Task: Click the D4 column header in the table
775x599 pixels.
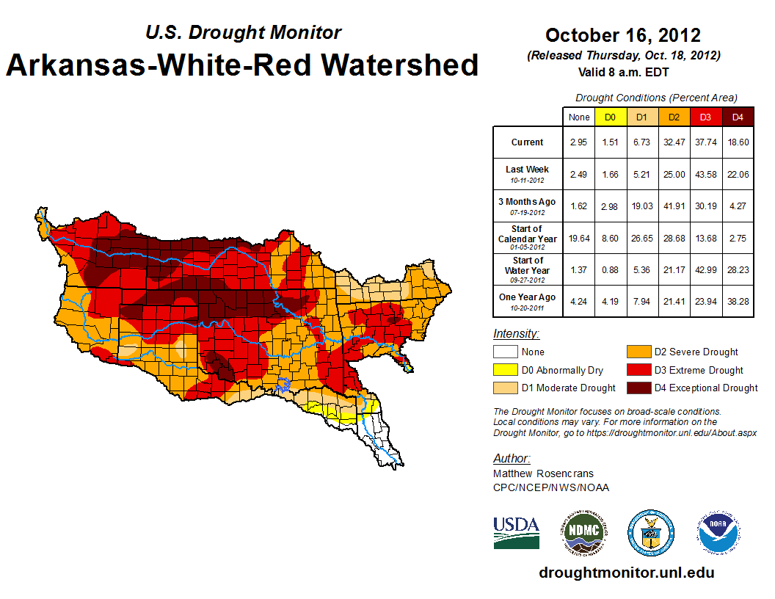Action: coord(738,117)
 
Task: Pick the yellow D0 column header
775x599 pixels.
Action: coord(610,117)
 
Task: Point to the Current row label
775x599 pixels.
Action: coord(528,142)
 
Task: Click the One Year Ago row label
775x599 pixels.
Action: coord(528,297)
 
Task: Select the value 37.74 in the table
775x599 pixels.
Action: coord(706,142)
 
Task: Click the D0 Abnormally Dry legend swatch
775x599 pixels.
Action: coord(504,370)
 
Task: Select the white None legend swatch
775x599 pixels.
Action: coord(504,352)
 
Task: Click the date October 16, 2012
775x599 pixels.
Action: coord(622,35)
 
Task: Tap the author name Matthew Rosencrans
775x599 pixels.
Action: coord(543,473)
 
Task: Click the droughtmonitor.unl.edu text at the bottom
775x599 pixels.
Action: coord(626,573)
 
